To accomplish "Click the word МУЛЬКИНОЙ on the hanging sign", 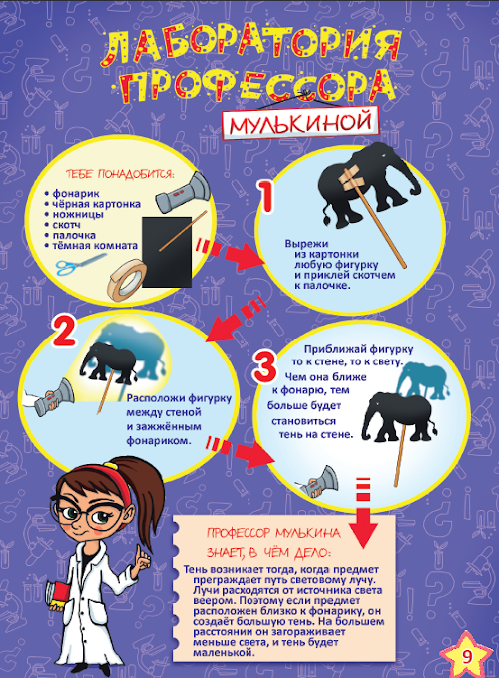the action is coord(300,123).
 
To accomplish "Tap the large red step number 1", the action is coord(266,196).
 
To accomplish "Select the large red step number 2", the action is coord(65,332).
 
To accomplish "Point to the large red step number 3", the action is coord(265,367).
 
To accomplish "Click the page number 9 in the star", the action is coord(467,656).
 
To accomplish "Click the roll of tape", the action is coord(126,280).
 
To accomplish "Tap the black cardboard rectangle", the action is coord(167,252).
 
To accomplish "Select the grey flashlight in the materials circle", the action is coord(183,192).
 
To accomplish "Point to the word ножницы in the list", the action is coord(78,214).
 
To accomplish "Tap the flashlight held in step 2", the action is coord(53,397).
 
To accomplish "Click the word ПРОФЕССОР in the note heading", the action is coord(239,533).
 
